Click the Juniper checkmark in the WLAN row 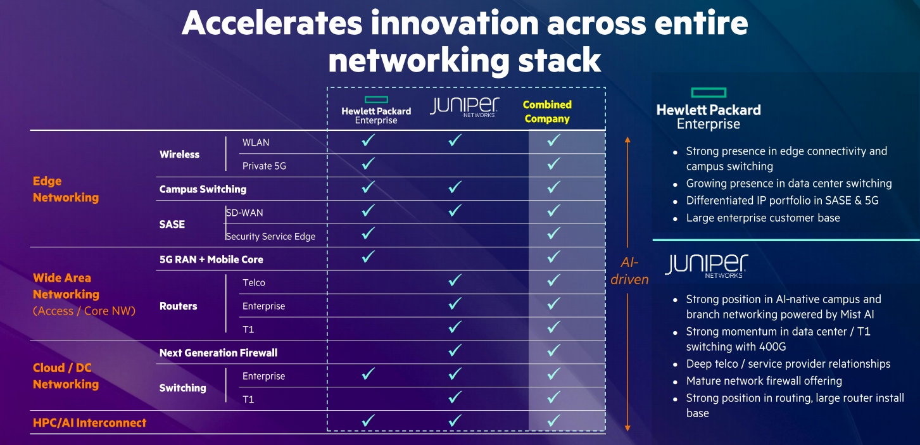[455, 141]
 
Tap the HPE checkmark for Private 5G [368, 164]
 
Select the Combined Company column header [547, 111]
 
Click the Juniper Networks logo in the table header [465, 107]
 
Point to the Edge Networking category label [66, 189]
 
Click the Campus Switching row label [203, 189]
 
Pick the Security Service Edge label [270, 237]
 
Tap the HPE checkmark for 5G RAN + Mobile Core [368, 256]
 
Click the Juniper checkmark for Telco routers [455, 280]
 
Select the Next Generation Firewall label [218, 353]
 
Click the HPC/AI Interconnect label [89, 423]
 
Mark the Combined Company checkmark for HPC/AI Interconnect [553, 420]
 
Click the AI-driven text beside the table [629, 271]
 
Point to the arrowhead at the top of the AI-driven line [627, 139]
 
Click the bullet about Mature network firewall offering [764, 381]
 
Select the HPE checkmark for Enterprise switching [368, 373]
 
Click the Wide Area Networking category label [66, 286]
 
